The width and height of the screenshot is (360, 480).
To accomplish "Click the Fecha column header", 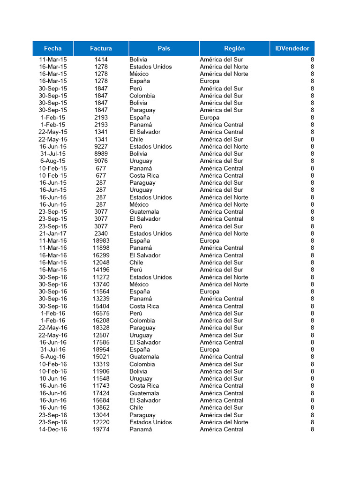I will click(53, 48).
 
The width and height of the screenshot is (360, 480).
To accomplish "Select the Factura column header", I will click(101, 48).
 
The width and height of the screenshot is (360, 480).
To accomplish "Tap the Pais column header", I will click(164, 48).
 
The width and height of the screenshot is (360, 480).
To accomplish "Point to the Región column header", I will click(234, 48).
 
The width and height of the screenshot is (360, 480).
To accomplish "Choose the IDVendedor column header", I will click(292, 48).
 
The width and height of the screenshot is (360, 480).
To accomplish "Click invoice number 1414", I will click(101, 60).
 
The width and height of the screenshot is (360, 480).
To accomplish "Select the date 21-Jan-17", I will click(53, 233).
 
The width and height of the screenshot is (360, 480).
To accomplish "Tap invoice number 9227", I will click(101, 146).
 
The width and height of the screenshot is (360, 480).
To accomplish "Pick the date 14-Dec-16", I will click(53, 429).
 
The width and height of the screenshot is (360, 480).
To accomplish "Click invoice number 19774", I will click(101, 429).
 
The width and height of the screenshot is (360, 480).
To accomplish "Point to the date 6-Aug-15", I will click(53, 161).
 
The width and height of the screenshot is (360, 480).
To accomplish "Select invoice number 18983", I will click(101, 240).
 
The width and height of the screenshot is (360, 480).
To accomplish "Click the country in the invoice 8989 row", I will click(138, 154).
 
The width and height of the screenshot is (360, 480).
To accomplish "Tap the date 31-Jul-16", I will click(53, 349).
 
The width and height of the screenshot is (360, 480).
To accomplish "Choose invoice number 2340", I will click(101, 233).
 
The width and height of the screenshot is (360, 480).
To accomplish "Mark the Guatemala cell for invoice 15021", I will click(144, 357).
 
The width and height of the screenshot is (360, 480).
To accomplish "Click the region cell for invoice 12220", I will click(224, 422).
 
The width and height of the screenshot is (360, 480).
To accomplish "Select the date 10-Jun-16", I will click(53, 378).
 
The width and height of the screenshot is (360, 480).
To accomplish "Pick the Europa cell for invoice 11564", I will click(210, 292).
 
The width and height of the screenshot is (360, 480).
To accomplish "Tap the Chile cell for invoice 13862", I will click(136, 407).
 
